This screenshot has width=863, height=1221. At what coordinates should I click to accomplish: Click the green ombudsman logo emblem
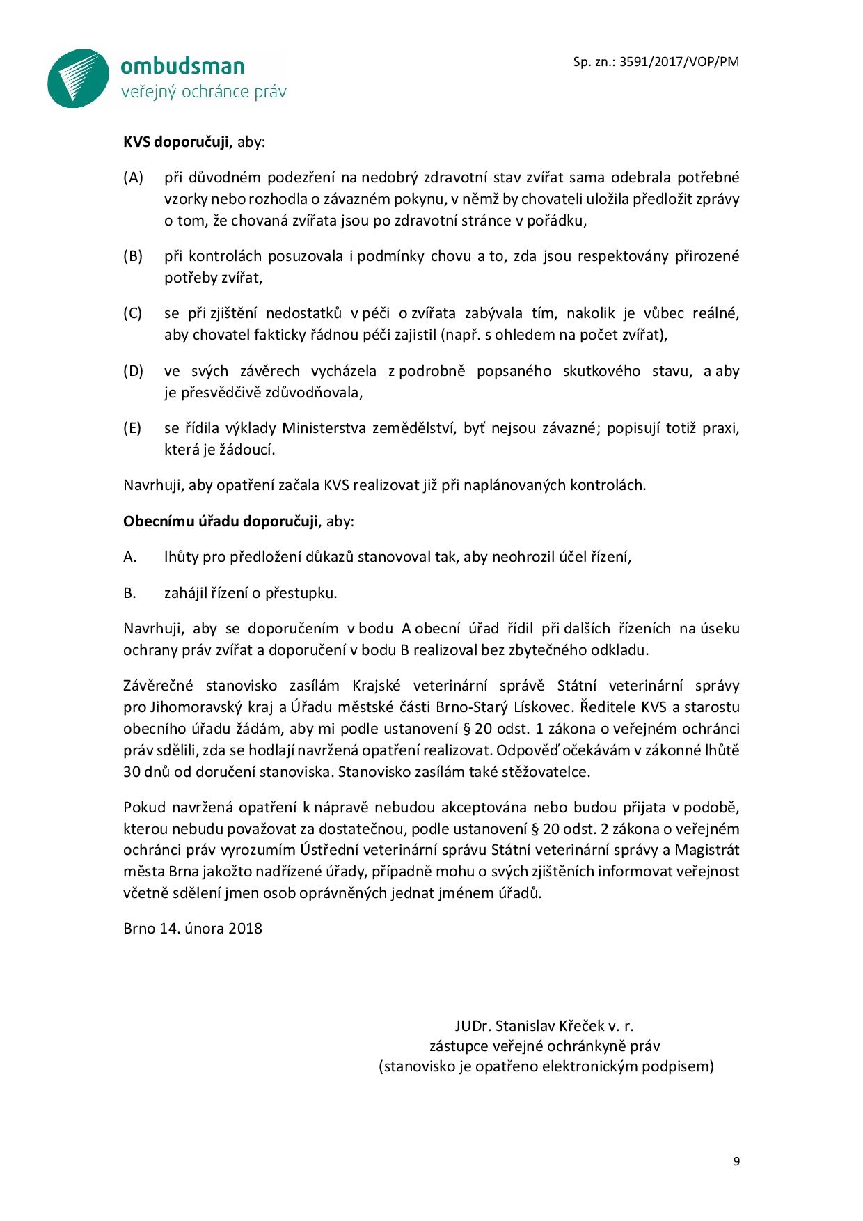pyautogui.click(x=78, y=78)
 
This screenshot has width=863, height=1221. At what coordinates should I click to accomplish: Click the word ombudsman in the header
pyautogui.click(x=182, y=66)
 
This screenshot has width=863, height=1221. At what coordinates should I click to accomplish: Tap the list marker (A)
pyautogui.click(x=133, y=178)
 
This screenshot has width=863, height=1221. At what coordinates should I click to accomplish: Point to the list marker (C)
pyautogui.click(x=133, y=313)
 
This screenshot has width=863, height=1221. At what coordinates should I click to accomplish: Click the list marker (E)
pyautogui.click(x=133, y=427)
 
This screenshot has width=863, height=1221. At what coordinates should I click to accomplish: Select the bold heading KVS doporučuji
pyautogui.click(x=176, y=143)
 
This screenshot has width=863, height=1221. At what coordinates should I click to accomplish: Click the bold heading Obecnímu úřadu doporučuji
pyautogui.click(x=221, y=521)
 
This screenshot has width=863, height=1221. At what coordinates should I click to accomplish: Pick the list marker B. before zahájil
pyautogui.click(x=129, y=593)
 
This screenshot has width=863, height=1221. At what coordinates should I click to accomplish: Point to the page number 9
pyautogui.click(x=736, y=1161)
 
